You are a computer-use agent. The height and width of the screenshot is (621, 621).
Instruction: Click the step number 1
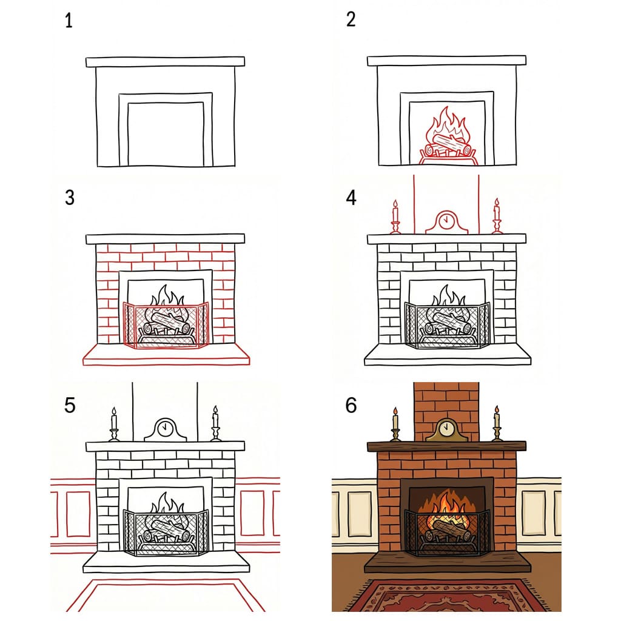tap(69, 22)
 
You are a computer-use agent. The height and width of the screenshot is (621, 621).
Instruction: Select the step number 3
tap(69, 198)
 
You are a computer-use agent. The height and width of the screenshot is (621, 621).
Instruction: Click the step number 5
tap(70, 404)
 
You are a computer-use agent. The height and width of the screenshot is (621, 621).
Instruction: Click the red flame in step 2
tap(448, 127)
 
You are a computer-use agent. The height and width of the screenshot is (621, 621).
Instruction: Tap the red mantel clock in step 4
tap(446, 223)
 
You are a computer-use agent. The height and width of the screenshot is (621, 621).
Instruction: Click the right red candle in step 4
tap(497, 215)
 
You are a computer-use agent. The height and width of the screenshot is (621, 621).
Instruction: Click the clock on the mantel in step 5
tap(164, 429)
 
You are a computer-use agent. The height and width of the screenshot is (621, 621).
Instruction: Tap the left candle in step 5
tap(113, 423)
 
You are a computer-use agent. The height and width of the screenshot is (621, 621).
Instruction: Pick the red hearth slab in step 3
tap(166, 354)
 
